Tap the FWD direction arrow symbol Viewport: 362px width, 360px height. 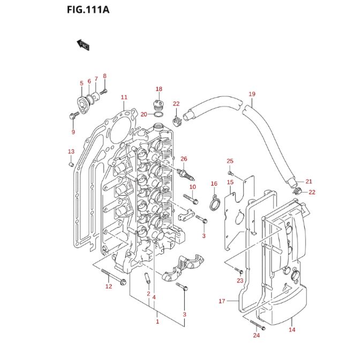82,45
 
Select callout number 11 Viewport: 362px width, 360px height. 124,97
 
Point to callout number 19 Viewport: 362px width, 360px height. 252,94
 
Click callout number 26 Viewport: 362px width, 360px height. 184,159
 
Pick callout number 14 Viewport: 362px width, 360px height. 292,330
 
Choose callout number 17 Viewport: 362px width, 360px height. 222,301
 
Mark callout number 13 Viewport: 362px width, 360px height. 71,152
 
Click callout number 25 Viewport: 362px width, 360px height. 230,161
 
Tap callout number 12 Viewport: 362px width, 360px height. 108,287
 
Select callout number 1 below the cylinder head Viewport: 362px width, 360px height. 157,321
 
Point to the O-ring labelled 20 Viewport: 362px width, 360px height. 159,114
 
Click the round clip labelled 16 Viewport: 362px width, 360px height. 214,204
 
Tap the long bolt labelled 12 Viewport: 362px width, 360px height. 111,278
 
